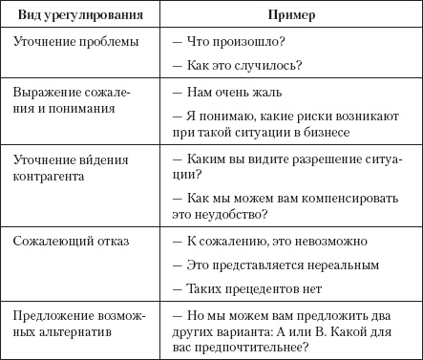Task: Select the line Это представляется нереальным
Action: click(277, 264)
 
